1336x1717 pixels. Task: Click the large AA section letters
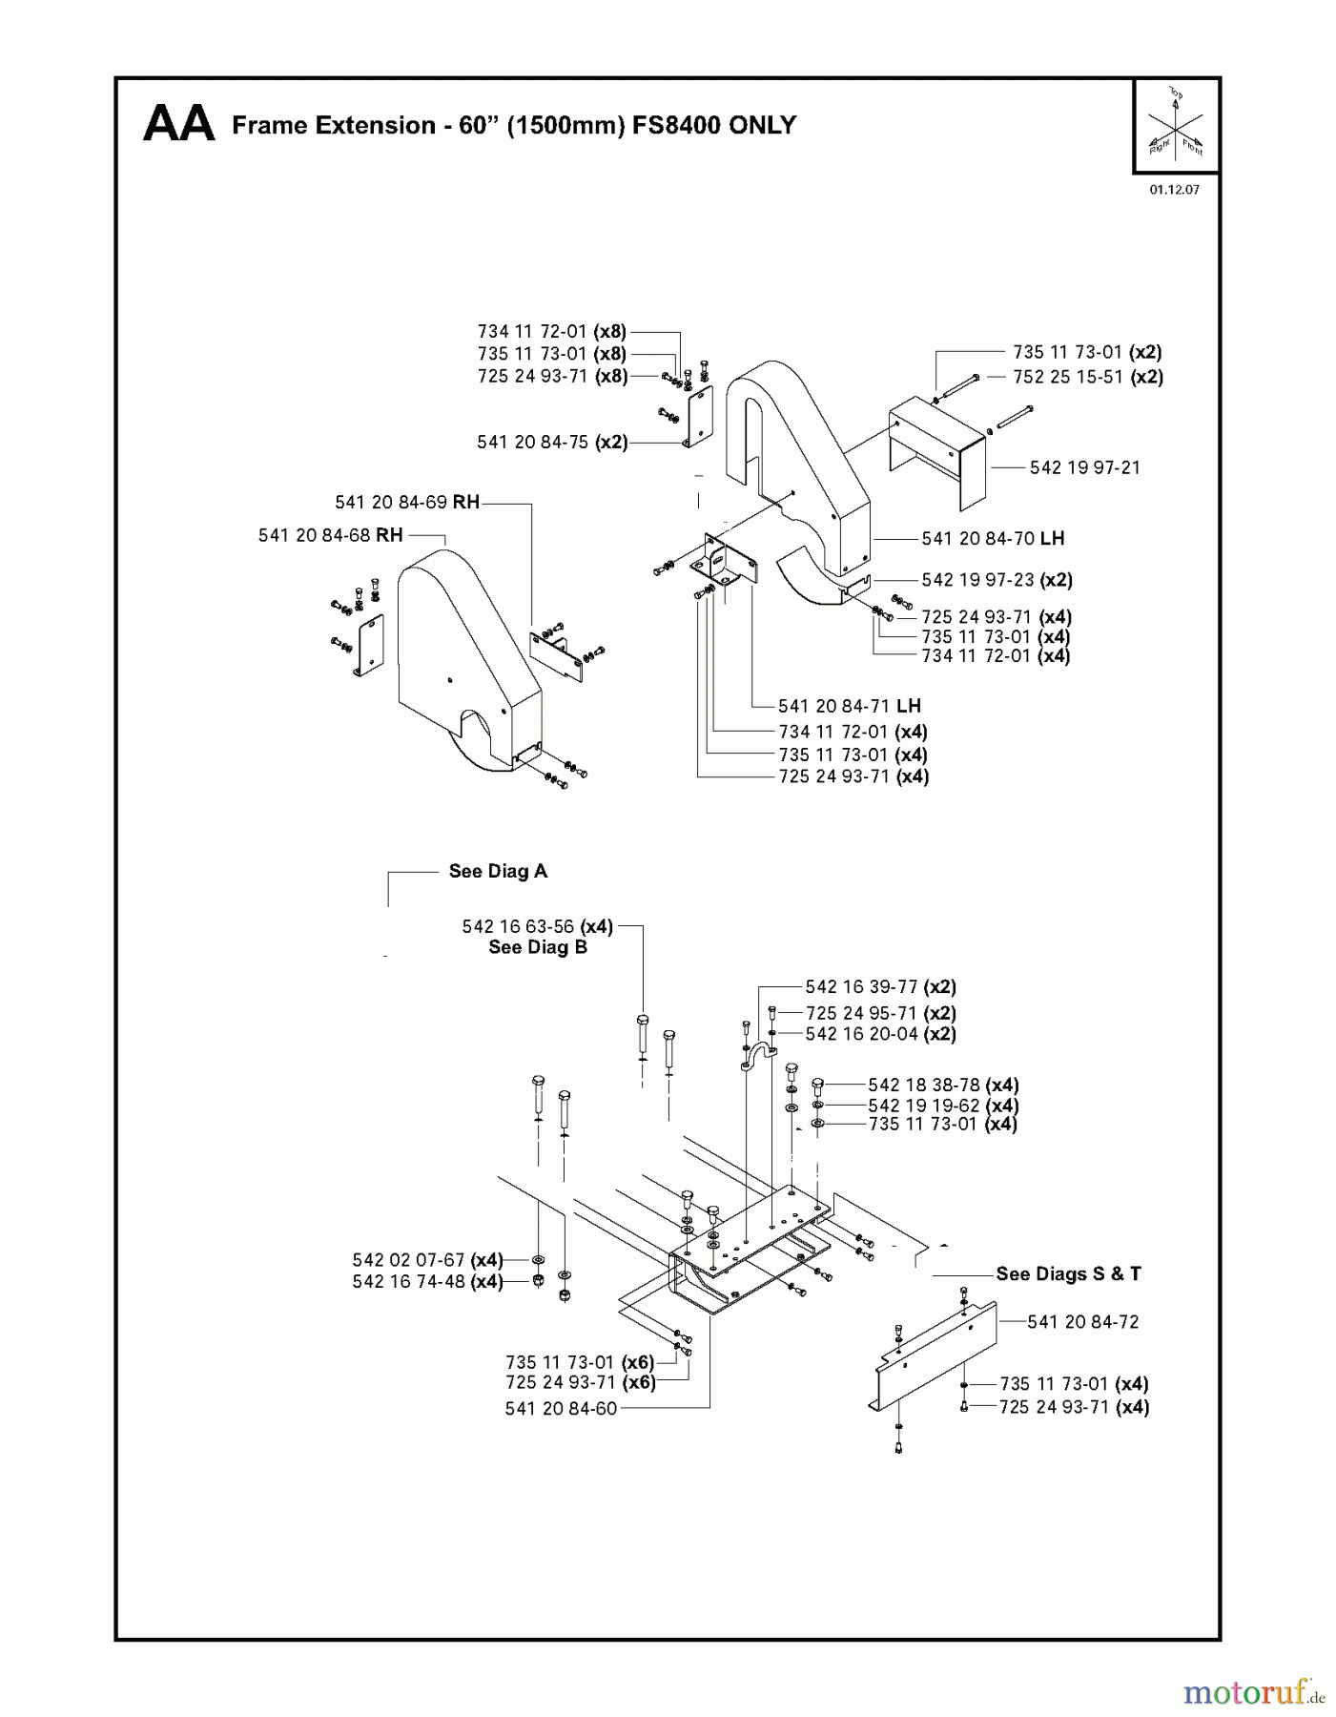point(178,125)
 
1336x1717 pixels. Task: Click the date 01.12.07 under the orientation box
point(1174,190)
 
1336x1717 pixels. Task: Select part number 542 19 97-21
point(1084,467)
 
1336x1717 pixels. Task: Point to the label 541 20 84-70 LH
point(993,539)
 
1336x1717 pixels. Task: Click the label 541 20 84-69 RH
point(406,503)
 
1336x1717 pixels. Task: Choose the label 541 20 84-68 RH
point(330,535)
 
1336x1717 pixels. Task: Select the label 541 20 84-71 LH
point(849,706)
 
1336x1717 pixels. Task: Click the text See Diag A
point(498,871)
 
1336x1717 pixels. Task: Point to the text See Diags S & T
point(1068,1273)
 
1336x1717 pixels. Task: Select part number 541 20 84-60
point(561,1408)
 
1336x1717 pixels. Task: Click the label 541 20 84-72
point(1082,1322)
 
